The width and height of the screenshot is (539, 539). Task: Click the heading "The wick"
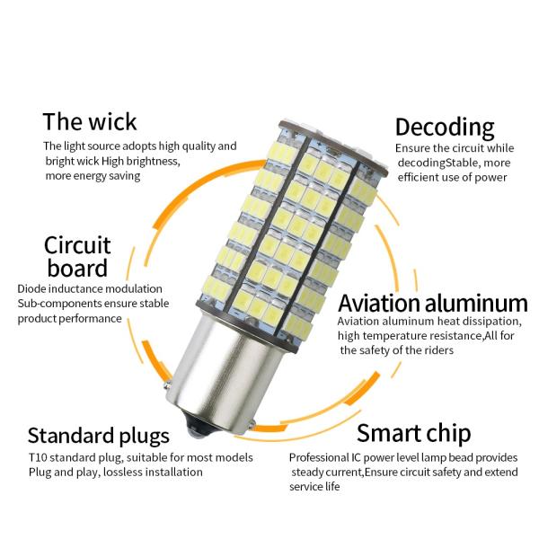click(90, 121)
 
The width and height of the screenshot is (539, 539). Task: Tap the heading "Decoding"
click(445, 128)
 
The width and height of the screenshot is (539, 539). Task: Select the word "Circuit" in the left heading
click(77, 245)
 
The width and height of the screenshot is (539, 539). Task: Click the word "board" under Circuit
click(77, 268)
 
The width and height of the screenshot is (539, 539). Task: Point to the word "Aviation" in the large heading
click(379, 304)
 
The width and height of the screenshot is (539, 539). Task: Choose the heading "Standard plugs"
click(99, 437)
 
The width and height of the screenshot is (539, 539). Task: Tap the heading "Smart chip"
click(414, 433)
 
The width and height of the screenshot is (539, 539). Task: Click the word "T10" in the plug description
click(38, 457)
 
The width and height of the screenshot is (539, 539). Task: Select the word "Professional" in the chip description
click(319, 457)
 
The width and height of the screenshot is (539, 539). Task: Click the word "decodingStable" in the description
click(438, 163)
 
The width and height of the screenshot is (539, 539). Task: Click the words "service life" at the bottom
click(314, 486)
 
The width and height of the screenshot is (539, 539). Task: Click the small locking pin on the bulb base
click(167, 384)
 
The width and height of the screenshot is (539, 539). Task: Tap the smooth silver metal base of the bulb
click(220, 371)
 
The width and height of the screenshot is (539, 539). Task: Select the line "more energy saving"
click(93, 176)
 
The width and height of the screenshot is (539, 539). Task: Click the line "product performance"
click(69, 319)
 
